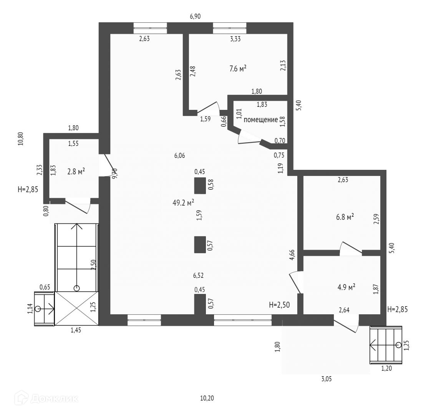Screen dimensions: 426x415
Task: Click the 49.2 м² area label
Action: (183, 203)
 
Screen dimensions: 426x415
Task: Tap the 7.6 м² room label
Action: (238, 69)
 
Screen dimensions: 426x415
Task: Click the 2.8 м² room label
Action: (76, 171)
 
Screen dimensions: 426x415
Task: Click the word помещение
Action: (261, 120)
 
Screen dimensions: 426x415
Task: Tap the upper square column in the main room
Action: (199, 186)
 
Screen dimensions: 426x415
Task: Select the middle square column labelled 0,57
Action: (199, 244)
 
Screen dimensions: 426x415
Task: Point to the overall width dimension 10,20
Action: (207, 398)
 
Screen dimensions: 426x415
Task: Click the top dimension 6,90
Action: (195, 16)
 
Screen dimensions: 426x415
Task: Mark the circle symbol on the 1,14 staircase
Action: (38, 309)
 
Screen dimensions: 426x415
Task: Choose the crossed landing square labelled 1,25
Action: (77, 309)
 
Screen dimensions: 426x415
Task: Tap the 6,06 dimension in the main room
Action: (179, 156)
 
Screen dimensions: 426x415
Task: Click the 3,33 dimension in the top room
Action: (234, 38)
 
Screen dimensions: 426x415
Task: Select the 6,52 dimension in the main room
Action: (199, 276)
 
